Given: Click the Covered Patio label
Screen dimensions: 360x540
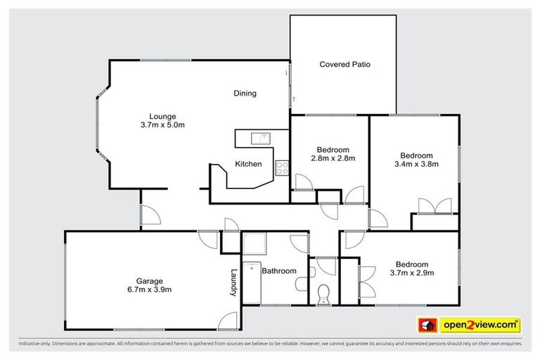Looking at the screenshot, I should coord(345,64).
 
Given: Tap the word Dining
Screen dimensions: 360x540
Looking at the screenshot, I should coord(245,94).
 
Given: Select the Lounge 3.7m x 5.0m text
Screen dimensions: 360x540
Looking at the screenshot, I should coord(162,120).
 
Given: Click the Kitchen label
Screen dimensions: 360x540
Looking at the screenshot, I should coord(248,164).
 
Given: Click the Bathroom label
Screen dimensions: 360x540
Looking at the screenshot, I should coord(278,271).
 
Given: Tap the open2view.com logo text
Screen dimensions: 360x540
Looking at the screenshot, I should coord(480,325).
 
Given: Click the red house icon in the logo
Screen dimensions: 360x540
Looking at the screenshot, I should coord(426,325).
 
